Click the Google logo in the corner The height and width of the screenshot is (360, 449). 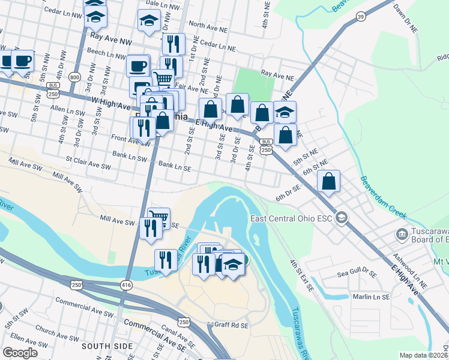(x=20, y=352)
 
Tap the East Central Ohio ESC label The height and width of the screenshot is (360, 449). (x=291, y=217)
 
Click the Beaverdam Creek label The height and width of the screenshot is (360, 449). (x=384, y=197)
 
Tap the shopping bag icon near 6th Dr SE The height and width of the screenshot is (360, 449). (x=329, y=182)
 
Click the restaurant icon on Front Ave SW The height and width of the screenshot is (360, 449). (x=143, y=128)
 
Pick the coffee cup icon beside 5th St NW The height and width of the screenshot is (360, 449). (x=23, y=61)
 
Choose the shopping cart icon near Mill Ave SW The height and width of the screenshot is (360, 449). (x=158, y=217)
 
